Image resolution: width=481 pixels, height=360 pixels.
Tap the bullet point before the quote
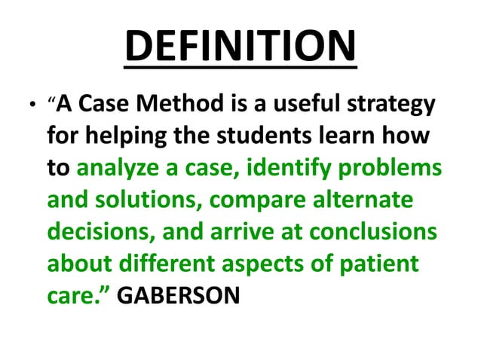click(x=30, y=106)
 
